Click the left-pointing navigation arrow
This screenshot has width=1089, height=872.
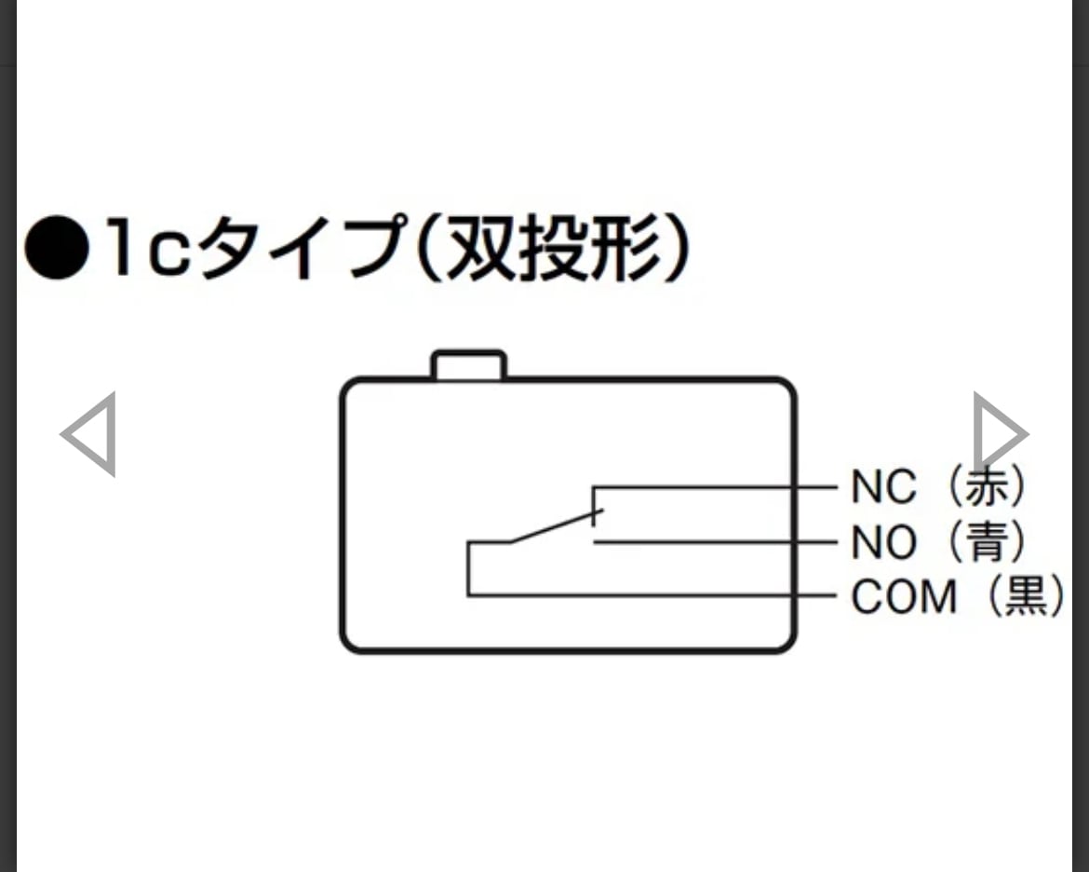[x=89, y=434]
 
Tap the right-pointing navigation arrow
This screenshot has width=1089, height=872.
[x=999, y=434]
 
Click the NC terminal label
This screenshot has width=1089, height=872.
[x=883, y=486]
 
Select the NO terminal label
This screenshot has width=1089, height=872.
[x=883, y=541]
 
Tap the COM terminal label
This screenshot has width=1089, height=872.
[x=904, y=597]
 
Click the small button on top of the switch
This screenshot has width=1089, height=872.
[x=469, y=364]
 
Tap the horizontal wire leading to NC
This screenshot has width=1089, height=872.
[x=717, y=486]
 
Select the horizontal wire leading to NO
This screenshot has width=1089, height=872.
[x=717, y=541]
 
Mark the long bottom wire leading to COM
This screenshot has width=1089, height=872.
[x=652, y=595]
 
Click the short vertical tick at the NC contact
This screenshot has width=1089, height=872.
[x=594, y=505]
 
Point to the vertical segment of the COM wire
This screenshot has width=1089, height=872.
[x=468, y=568]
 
